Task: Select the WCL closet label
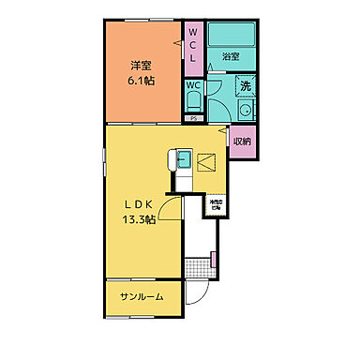193,45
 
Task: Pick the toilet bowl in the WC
193,103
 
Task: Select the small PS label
193,119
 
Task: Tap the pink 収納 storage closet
242,141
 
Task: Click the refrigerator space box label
217,205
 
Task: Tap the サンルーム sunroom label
142,296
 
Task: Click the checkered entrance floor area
197,266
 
